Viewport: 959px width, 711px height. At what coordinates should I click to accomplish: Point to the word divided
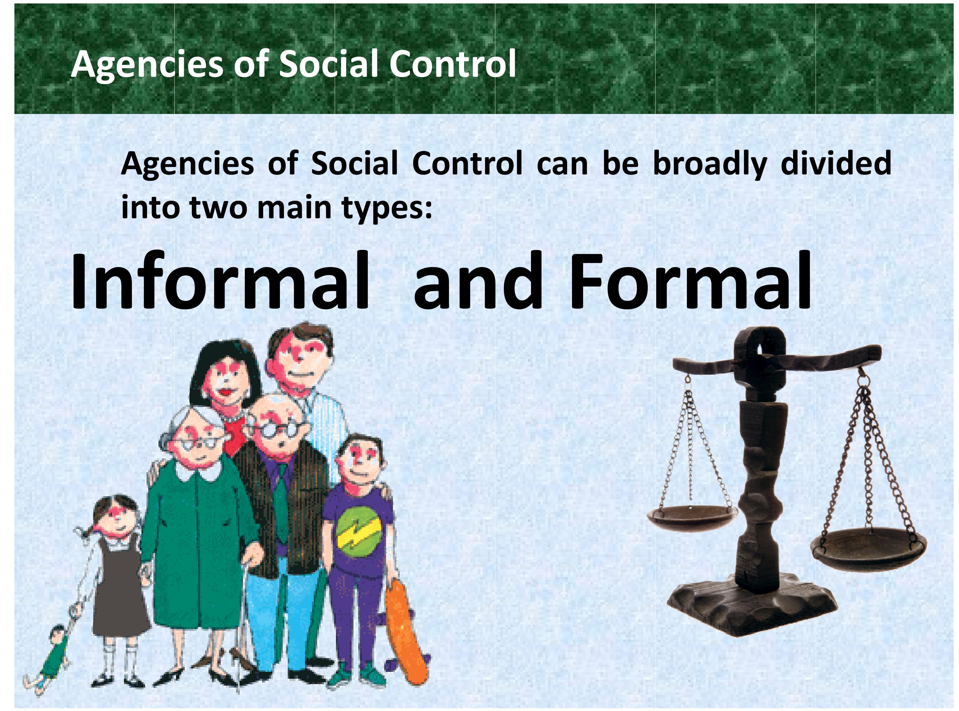point(836,163)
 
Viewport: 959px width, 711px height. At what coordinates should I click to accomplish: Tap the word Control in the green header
point(452,64)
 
